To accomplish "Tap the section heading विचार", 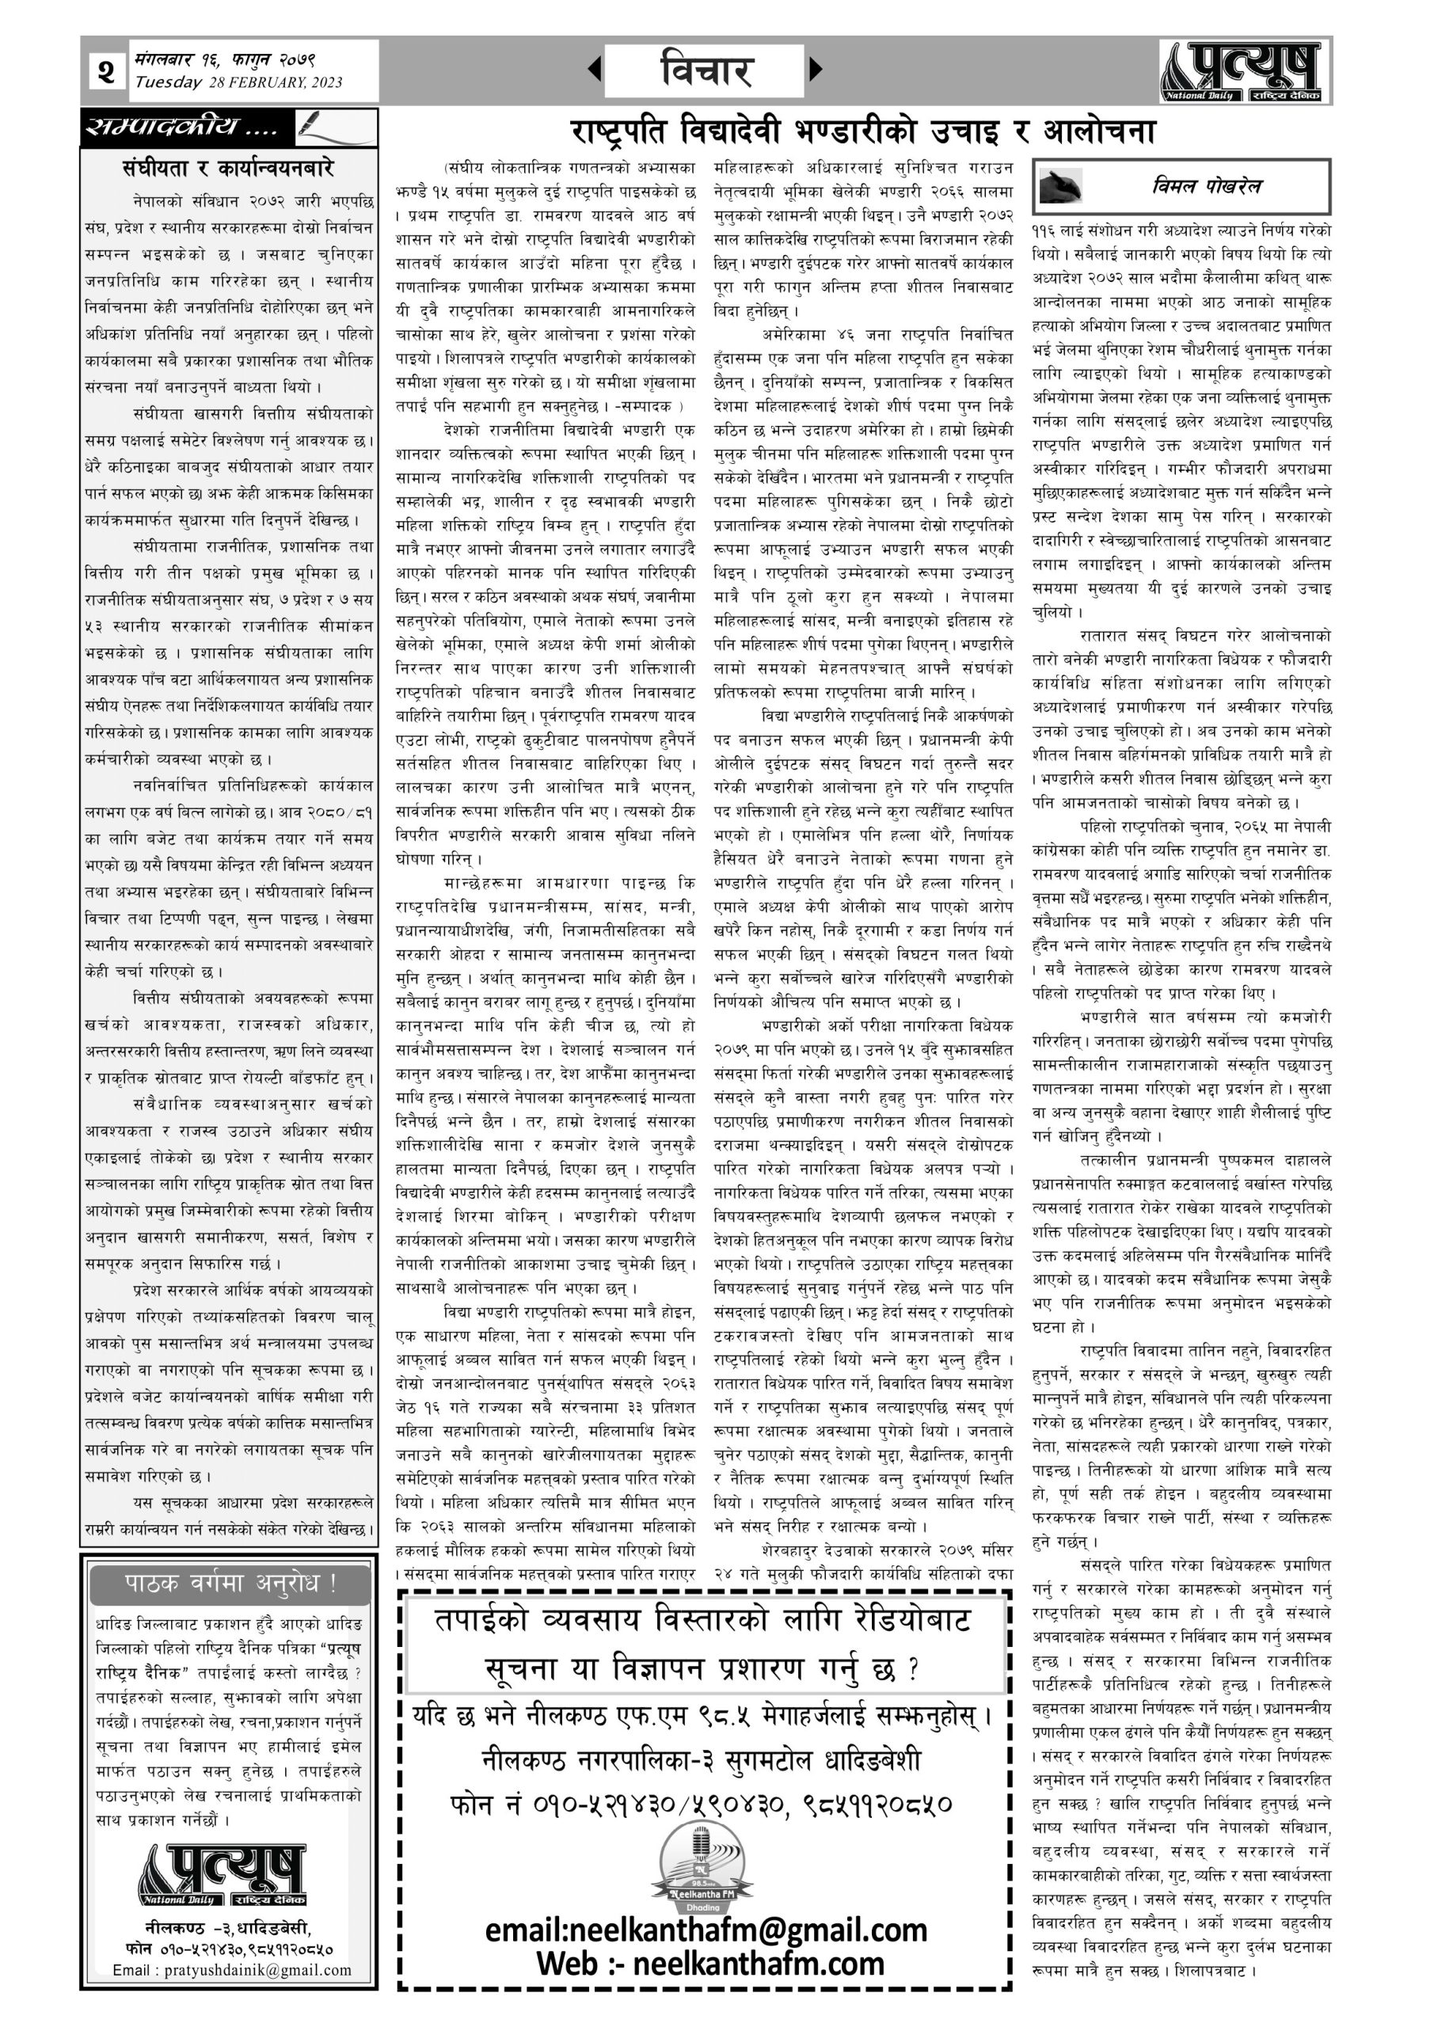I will pos(705,70).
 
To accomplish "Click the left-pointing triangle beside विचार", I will pos(595,69).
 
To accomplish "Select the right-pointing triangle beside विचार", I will pos(816,69).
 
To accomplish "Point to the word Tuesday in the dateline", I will pos(168,83).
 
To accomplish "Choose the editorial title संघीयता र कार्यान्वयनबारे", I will pos(228,167).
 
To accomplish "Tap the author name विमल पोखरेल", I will pos(1206,185).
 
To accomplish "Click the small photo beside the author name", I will pos(1063,186).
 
